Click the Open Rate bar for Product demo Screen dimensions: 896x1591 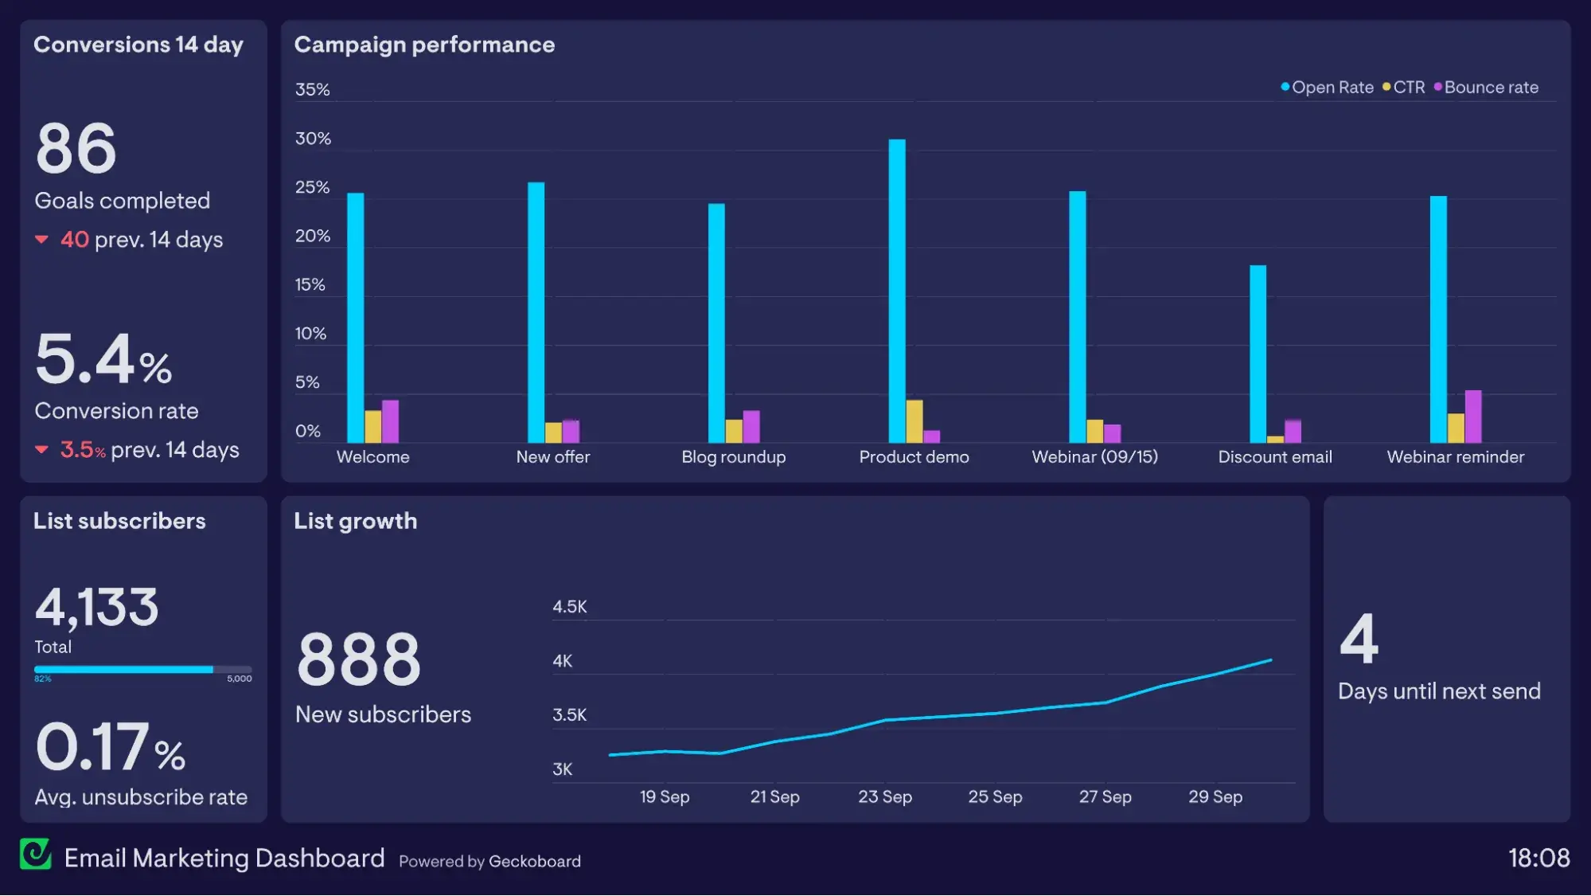coord(897,291)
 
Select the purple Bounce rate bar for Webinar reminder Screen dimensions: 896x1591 coord(1473,417)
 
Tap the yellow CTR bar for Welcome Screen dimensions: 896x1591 coord(372,427)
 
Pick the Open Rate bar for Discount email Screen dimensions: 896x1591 coord(1258,354)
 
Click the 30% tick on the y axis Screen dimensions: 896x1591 coord(313,139)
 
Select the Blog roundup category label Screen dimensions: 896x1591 coord(733,457)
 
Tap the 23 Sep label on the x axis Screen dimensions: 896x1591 coord(885,796)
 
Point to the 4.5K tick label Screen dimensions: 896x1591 coord(570,607)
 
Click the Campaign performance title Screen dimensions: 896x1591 coord(424,45)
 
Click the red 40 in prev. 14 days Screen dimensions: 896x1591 coord(74,240)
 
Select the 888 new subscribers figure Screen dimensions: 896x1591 coord(358,659)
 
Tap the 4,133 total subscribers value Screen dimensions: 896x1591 coord(96,608)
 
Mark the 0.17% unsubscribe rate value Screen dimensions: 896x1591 coord(110,747)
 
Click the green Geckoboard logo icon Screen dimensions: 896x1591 coord(36,855)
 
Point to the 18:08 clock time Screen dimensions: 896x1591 coord(1538,858)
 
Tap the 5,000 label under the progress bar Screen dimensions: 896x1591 coord(239,679)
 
